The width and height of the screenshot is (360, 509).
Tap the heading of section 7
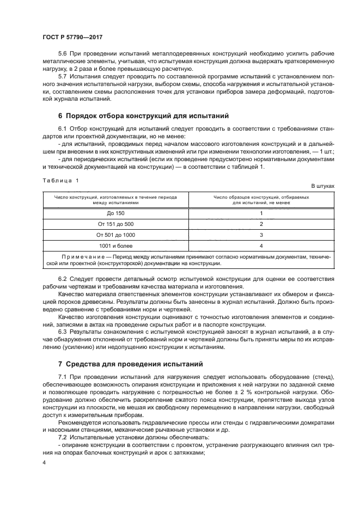[x=131, y=363]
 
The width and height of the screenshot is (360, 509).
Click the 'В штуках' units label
[x=322, y=186]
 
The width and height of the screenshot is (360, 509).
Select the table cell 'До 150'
[x=116, y=213]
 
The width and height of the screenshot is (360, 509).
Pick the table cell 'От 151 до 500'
[x=116, y=224]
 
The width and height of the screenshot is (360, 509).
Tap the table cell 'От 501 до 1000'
[x=116, y=235]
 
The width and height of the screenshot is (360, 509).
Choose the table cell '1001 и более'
[x=116, y=246]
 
